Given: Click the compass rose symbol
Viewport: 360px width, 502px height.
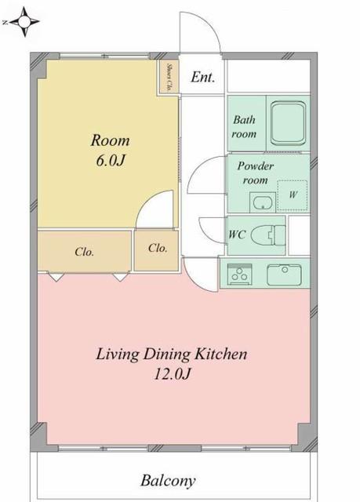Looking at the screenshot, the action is (x=24, y=21).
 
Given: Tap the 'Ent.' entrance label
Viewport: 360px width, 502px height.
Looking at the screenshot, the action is (x=202, y=77).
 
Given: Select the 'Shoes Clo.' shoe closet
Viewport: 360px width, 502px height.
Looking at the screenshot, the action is (x=169, y=77).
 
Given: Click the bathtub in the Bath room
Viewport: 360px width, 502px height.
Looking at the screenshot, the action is (x=288, y=123).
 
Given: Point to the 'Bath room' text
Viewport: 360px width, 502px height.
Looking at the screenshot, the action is (x=244, y=126).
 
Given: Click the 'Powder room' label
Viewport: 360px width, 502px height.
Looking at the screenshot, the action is (x=256, y=173).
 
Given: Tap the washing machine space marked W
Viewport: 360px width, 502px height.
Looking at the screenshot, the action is (x=293, y=195).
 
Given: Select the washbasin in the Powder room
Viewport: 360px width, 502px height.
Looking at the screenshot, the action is (x=263, y=202).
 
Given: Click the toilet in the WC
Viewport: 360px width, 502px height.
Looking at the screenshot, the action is (x=267, y=235).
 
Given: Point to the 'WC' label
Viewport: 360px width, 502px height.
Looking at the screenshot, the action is (x=237, y=235).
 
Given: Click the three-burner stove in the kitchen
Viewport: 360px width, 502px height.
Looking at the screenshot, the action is (x=240, y=274).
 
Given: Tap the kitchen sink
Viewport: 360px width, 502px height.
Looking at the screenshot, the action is (x=284, y=275).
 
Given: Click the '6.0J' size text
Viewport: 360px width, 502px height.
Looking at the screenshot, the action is (x=110, y=161).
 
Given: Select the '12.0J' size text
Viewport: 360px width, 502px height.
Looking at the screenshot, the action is (x=173, y=373).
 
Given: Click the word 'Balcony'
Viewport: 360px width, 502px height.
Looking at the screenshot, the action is (x=168, y=481).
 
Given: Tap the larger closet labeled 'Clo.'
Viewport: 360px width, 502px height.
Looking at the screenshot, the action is (x=85, y=251).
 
